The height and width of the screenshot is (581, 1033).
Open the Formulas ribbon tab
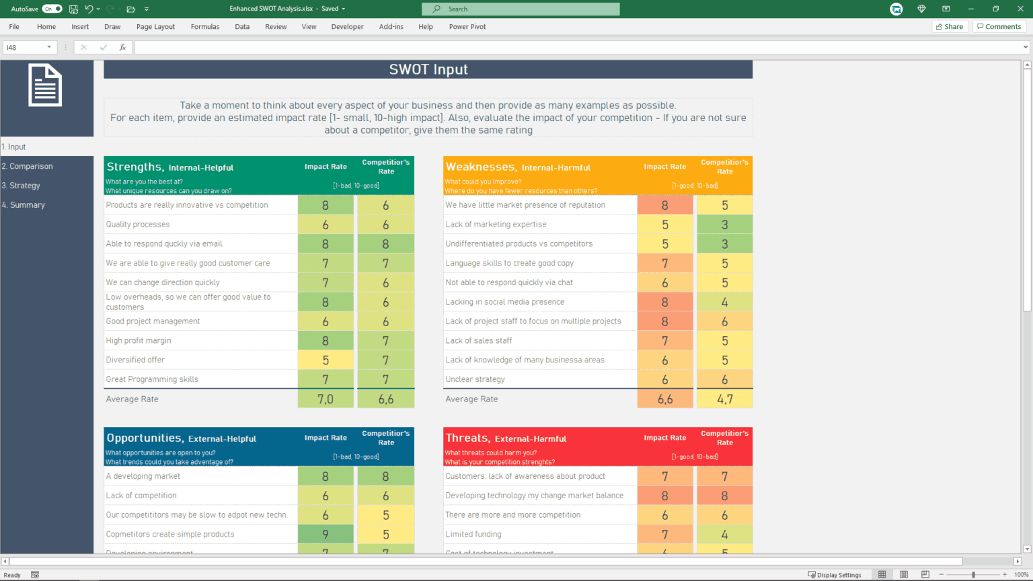[204, 27]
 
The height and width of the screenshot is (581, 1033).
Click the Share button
[949, 27]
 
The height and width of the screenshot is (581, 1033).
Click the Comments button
[999, 27]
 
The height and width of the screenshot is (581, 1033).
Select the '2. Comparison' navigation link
[28, 166]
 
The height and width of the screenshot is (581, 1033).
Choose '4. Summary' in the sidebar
[24, 205]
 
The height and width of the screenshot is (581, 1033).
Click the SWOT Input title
[428, 69]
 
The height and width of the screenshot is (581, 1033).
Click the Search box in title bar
[521, 9]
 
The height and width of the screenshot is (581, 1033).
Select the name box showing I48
[27, 47]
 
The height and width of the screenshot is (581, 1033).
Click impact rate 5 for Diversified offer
[326, 360]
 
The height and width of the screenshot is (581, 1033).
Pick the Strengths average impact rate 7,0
[326, 399]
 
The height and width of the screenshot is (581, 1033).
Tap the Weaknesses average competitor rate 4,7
[724, 399]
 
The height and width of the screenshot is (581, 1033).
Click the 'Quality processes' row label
[138, 225]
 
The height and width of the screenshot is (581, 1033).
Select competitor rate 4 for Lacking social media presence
[724, 302]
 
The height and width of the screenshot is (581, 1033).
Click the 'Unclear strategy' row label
[475, 379]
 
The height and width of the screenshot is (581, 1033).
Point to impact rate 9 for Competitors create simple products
[326, 535]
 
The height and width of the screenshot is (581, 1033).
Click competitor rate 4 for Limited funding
[724, 535]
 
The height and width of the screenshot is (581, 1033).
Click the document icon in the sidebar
[45, 85]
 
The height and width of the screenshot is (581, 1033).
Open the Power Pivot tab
[467, 27]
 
